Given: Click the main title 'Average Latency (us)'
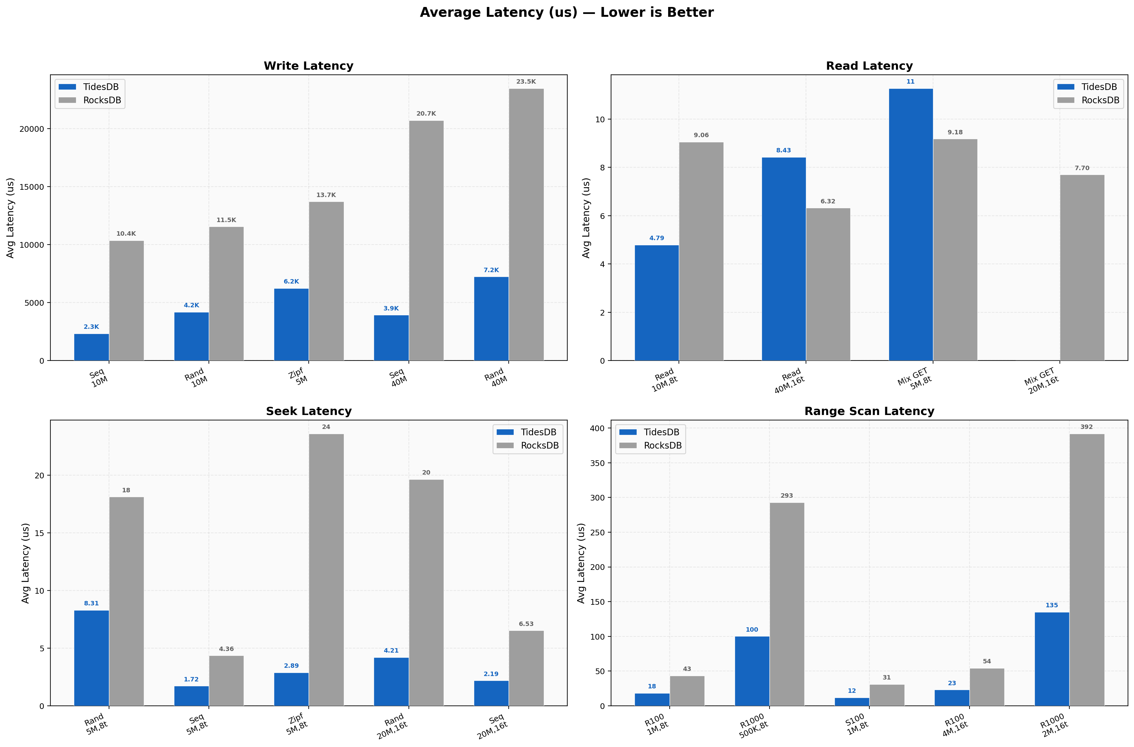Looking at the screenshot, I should point(566,12).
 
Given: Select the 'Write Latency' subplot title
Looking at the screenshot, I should point(308,66).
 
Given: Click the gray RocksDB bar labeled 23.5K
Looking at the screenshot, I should point(526,224).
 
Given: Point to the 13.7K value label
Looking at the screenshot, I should point(326,195).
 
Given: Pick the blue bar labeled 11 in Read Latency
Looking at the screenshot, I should point(911,224).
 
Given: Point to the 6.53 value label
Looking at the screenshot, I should point(526,624).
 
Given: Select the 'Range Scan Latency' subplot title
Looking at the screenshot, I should point(869,411).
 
